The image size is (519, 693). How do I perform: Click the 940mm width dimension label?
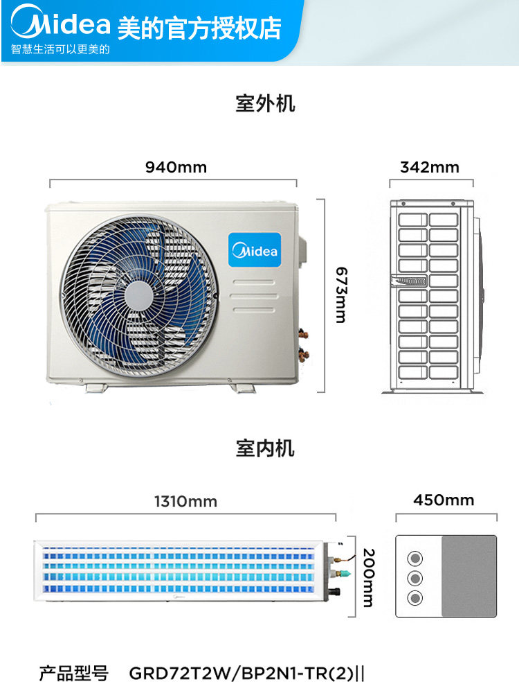click(176, 167)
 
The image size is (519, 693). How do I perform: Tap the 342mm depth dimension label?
click(430, 167)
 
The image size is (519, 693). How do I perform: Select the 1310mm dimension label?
click(185, 502)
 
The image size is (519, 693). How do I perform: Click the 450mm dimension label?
click(444, 500)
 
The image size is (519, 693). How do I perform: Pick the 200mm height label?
click(369, 578)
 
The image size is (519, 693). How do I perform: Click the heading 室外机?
click(265, 103)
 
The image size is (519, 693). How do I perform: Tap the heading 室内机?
click(265, 448)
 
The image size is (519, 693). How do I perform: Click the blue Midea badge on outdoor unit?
click(255, 249)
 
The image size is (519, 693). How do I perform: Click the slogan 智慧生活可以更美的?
click(60, 49)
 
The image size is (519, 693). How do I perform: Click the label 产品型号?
click(74, 673)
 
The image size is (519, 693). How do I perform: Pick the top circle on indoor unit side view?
click(415, 558)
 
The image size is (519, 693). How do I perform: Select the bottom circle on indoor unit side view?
click(415, 598)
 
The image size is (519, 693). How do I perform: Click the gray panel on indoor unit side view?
click(469, 576)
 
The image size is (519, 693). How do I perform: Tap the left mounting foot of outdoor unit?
click(96, 387)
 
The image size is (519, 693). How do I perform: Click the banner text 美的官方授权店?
click(199, 28)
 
